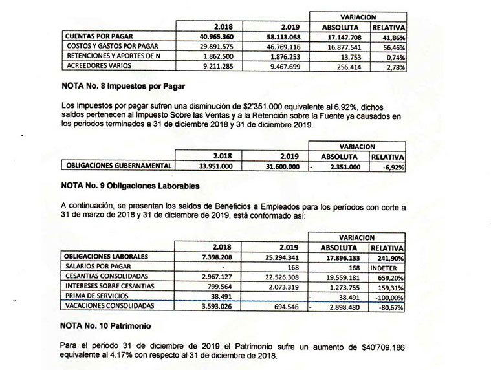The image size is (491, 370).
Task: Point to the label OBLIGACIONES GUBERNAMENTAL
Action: click(119, 166)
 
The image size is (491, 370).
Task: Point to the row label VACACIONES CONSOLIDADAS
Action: click(109, 305)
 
